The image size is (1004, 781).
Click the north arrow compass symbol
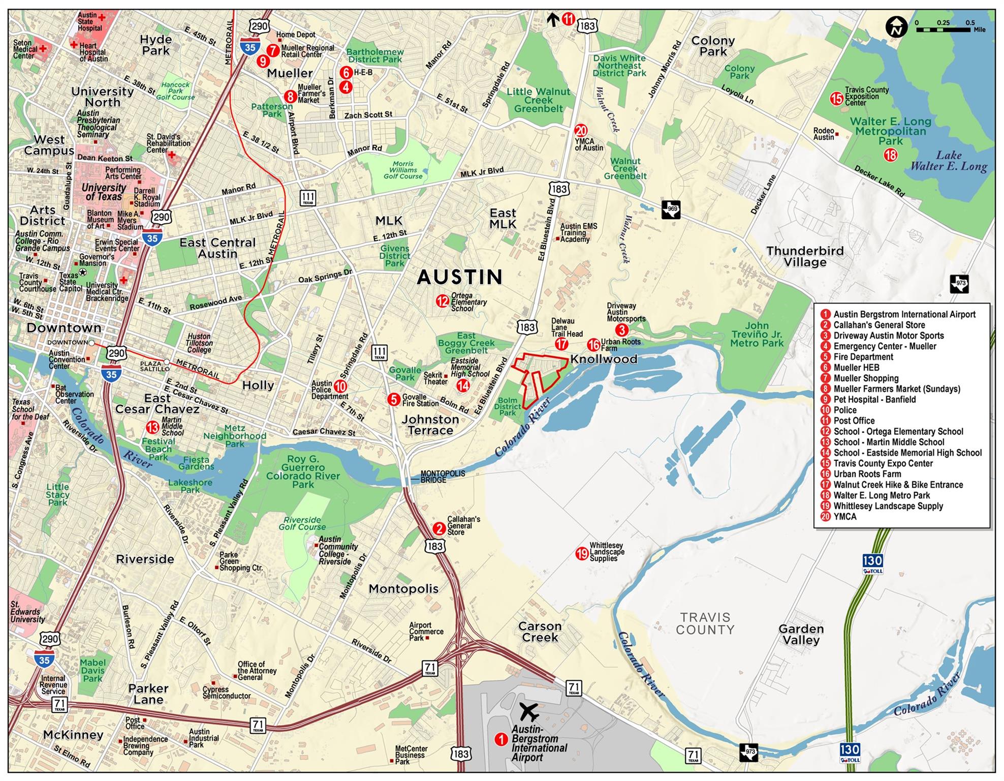[x=896, y=27]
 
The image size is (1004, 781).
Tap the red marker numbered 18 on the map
[x=890, y=155]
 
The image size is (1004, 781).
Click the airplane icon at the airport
[x=529, y=712]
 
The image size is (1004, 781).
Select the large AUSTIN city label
[x=460, y=277]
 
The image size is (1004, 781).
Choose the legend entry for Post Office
[x=854, y=420]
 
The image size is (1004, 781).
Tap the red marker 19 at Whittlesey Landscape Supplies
[x=582, y=553]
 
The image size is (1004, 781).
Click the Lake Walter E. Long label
[x=948, y=161]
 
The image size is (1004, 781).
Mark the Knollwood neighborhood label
[x=604, y=359]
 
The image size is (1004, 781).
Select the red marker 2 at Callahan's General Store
[x=439, y=528]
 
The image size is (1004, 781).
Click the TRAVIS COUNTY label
[x=705, y=623]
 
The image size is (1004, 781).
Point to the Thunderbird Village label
[x=805, y=256]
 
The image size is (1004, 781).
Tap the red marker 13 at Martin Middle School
[x=153, y=427]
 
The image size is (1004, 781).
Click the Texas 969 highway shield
[x=671, y=209]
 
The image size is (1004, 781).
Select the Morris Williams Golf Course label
[x=403, y=170]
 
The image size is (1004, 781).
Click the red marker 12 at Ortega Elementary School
[x=442, y=301]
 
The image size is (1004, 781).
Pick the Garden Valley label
[x=801, y=634]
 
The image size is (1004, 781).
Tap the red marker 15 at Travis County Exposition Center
[x=836, y=99]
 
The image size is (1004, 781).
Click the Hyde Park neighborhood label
[x=156, y=45]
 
